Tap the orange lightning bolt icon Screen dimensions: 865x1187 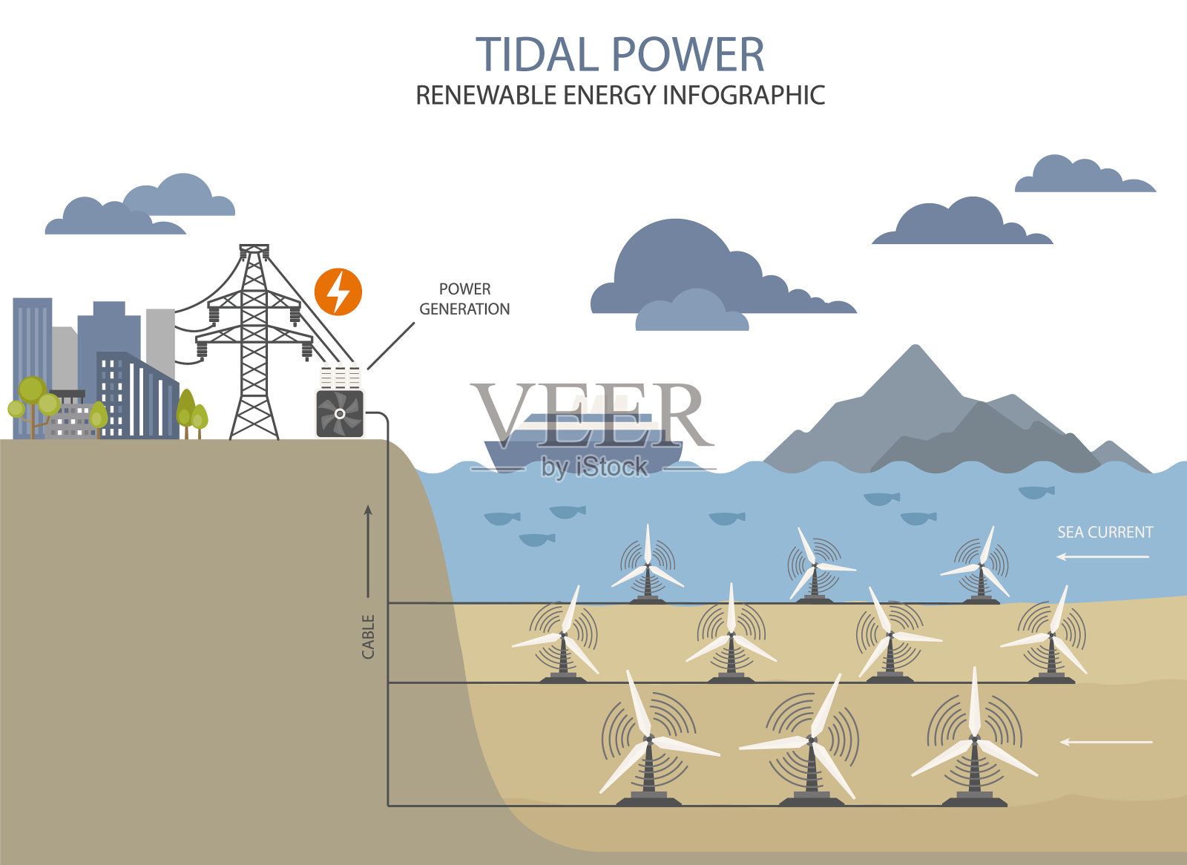338,292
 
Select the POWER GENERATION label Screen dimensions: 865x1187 464,299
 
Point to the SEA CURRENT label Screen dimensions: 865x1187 1105,532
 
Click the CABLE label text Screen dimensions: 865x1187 368,637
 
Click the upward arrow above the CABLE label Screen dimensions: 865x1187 367,550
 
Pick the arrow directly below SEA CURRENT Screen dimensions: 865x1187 1103,556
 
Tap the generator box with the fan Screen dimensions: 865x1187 340,413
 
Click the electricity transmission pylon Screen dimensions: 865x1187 254,341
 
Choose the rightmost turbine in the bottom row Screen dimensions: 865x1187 974,742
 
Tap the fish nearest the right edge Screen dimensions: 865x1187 1036,491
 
